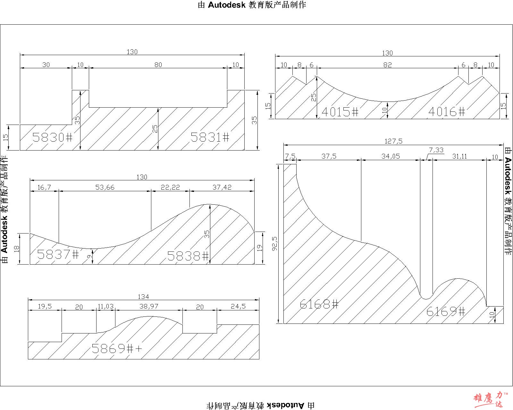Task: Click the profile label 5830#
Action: [52, 137]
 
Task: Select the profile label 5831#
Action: [210, 137]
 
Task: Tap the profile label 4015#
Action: [340, 112]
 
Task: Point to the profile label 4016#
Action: [447, 111]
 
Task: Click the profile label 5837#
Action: [58, 254]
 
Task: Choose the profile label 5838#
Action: [188, 256]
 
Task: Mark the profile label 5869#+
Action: [117, 349]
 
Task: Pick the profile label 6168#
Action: [319, 304]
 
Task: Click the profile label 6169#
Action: [446, 311]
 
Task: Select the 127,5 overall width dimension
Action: [393, 141]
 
